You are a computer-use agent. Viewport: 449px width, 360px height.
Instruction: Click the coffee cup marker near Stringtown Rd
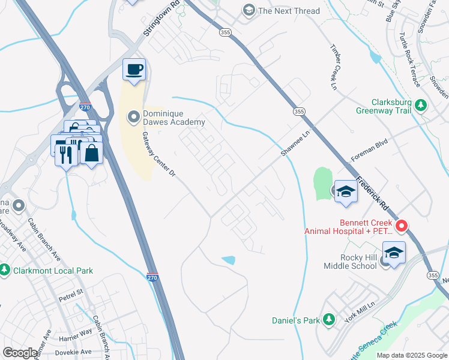pos(134,69)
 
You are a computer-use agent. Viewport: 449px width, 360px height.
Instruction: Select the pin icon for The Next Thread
pos(248,11)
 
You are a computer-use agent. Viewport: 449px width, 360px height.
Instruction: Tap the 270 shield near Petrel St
pos(153,277)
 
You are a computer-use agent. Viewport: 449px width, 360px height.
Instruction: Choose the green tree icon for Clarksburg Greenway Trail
pos(421,106)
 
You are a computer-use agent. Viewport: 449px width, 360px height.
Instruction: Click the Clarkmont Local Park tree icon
pos(5,270)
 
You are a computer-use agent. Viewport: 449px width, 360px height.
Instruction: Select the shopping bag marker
pos(91,153)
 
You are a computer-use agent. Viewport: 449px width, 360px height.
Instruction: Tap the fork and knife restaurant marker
pos(65,155)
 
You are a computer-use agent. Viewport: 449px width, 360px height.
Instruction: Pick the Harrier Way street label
pos(75,339)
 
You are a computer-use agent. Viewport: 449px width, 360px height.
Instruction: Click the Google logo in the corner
pos(20,352)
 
